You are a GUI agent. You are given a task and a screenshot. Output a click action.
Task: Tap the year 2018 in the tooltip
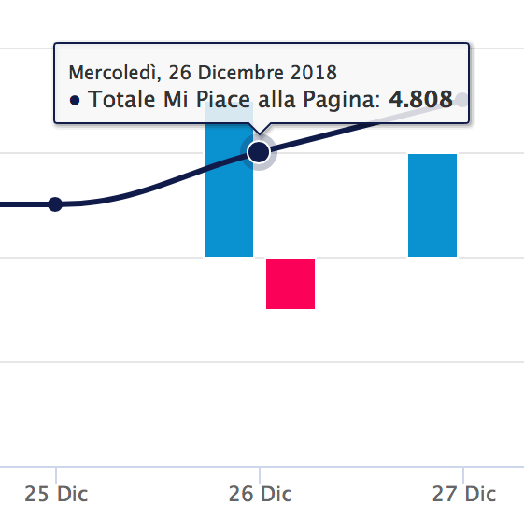tap(312, 72)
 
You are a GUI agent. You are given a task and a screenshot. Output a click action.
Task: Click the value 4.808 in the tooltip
tap(421, 100)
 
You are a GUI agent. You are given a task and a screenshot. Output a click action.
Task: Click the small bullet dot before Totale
tap(75, 101)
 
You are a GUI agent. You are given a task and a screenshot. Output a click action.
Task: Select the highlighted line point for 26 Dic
tap(259, 151)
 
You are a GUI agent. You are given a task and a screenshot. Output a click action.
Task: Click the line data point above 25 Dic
tap(55, 204)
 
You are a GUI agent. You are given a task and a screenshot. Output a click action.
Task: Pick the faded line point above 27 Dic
tap(461, 100)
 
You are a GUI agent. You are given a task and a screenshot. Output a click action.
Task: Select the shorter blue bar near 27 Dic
tap(432, 204)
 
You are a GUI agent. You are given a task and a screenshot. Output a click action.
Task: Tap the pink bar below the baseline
tap(290, 283)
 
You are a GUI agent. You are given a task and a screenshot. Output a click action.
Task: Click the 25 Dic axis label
tap(56, 494)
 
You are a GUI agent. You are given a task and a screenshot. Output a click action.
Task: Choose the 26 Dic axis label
tap(260, 494)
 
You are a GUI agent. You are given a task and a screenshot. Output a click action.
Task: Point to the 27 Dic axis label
tap(464, 494)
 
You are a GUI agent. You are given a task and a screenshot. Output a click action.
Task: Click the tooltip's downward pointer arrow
tap(259, 131)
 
